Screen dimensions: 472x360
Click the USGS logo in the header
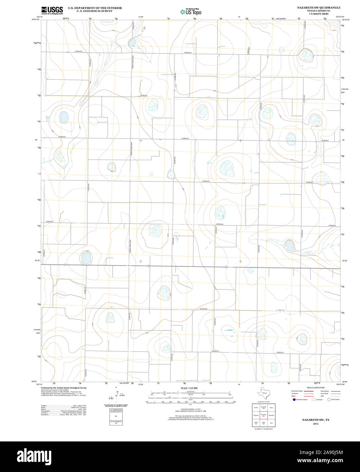click(x=52, y=11)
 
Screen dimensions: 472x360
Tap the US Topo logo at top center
click(x=191, y=12)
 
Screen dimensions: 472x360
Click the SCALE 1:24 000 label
click(x=189, y=388)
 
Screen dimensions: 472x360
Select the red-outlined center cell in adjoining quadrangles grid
click(x=263, y=415)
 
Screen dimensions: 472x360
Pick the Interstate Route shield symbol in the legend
click(x=294, y=400)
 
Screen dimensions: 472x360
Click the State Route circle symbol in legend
click(x=329, y=400)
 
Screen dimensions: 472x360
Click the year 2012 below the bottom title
click(x=316, y=424)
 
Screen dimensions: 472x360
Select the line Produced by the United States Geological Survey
click(x=63, y=388)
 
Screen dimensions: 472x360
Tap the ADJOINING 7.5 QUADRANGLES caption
click(x=263, y=430)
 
